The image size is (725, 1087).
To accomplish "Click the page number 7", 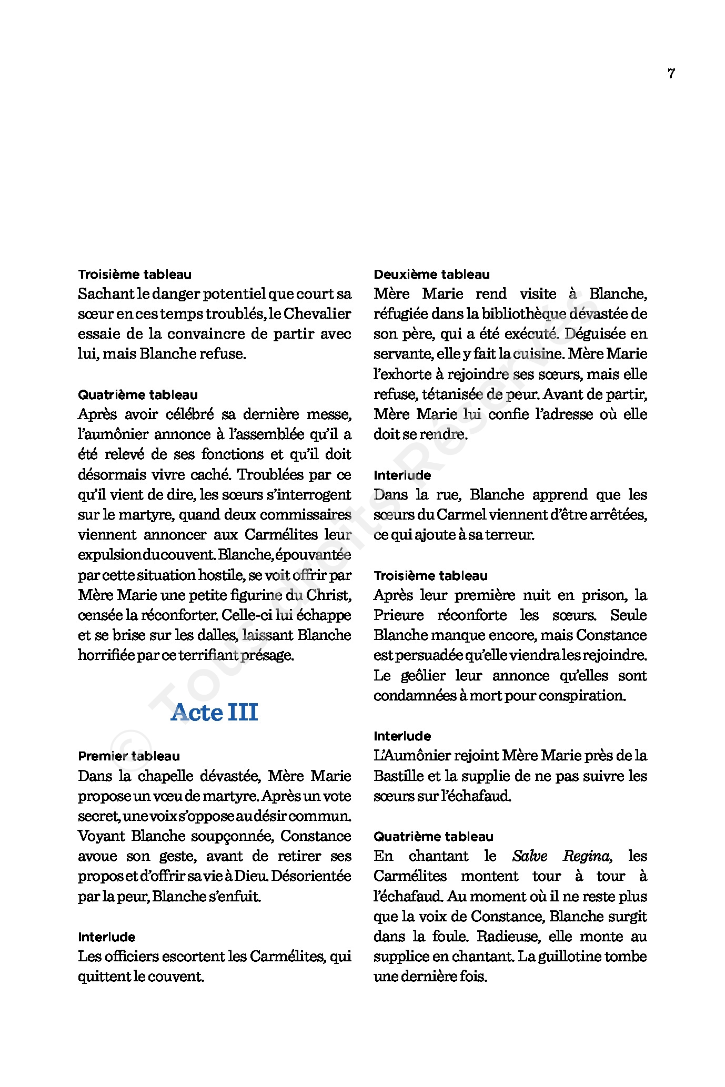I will pyautogui.click(x=671, y=74).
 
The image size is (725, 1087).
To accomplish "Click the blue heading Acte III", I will pyautogui.click(x=214, y=713).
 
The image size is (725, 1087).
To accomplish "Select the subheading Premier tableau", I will pyautogui.click(x=129, y=756).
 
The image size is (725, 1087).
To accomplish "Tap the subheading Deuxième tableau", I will pyautogui.click(x=431, y=275).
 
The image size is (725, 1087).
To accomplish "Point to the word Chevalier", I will pyautogui.click(x=317, y=314).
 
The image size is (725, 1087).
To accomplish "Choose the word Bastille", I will pyautogui.click(x=398, y=776).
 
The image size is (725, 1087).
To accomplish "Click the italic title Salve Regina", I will pyautogui.click(x=561, y=857).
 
